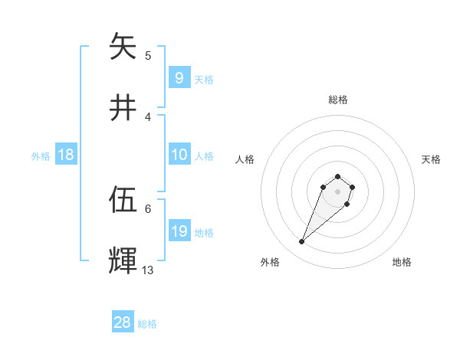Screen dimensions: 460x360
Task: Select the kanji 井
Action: (x=123, y=108)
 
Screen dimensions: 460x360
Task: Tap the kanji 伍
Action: (x=123, y=201)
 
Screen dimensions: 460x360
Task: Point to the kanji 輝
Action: (x=123, y=260)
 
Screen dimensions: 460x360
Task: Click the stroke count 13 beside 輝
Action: (x=148, y=270)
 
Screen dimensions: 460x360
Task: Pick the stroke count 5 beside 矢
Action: (x=148, y=55)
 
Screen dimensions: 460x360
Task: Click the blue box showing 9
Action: (x=179, y=77)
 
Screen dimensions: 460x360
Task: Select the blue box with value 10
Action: (x=179, y=155)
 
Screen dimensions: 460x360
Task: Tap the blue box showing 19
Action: (x=179, y=231)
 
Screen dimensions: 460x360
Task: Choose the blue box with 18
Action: (x=66, y=155)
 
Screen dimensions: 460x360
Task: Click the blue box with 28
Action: (x=123, y=322)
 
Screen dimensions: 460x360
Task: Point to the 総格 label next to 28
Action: (x=147, y=324)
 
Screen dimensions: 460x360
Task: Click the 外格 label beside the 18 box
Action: (x=41, y=156)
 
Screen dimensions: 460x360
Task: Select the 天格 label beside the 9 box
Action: (x=203, y=79)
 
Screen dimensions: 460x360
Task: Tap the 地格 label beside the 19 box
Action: (x=204, y=233)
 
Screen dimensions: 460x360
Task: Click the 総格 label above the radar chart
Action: (x=337, y=100)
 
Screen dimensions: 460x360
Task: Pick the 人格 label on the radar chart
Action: (x=245, y=159)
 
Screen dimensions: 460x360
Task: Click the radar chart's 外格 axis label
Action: (x=270, y=263)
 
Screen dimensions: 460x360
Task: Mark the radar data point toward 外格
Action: (x=302, y=242)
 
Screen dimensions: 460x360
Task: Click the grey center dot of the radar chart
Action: (x=337, y=191)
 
